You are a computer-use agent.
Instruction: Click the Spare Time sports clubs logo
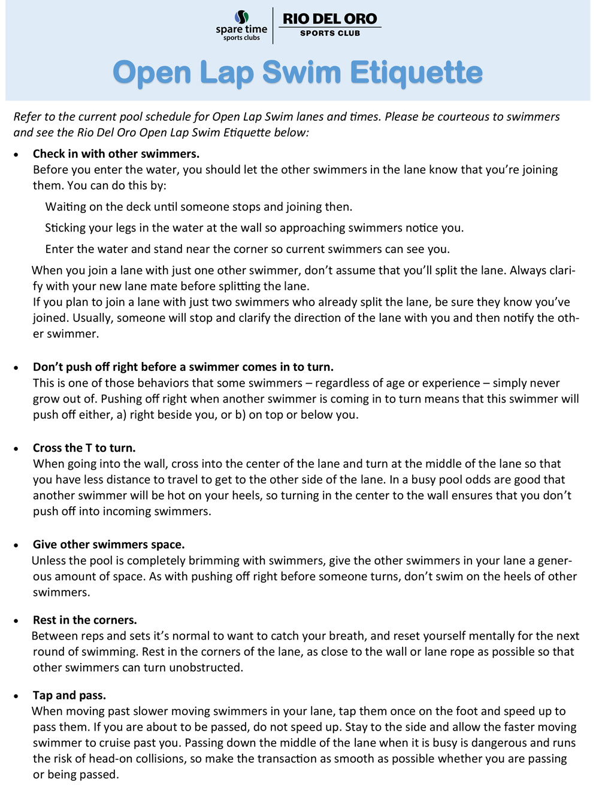click(x=241, y=25)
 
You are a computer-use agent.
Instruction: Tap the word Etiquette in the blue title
click(x=416, y=73)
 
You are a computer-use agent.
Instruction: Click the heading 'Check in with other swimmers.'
click(x=116, y=154)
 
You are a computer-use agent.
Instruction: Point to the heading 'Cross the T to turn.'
click(x=84, y=448)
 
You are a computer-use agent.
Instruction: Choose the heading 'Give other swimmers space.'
click(x=108, y=544)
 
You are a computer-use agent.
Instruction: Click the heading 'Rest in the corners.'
click(x=85, y=620)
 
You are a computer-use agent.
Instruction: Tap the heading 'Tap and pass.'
click(x=69, y=695)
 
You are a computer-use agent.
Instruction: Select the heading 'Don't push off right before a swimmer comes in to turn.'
click(x=183, y=367)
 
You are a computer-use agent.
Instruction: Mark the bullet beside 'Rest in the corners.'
click(x=17, y=621)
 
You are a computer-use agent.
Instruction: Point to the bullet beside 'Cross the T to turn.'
click(x=17, y=449)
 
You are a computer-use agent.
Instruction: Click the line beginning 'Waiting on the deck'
click(x=199, y=207)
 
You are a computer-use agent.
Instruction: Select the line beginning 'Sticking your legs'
click(x=255, y=228)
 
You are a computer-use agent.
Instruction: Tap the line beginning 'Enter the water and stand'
click(x=247, y=249)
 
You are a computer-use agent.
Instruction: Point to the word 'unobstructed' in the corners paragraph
click(x=205, y=668)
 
